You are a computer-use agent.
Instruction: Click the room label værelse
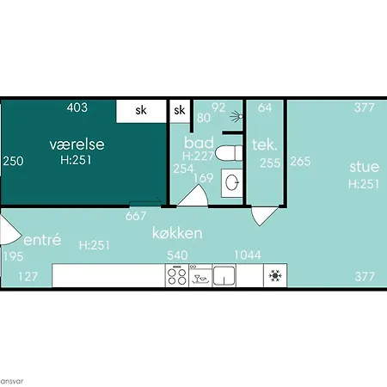(x=77, y=144)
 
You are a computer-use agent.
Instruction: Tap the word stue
(x=364, y=167)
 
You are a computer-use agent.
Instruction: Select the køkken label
(x=177, y=233)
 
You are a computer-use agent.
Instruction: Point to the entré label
(x=42, y=240)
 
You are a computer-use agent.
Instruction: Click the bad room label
(x=199, y=143)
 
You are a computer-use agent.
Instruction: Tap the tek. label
(x=265, y=144)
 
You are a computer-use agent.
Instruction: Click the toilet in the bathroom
(x=229, y=153)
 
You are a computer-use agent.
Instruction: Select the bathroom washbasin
(x=232, y=183)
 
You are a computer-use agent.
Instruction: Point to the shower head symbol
(x=236, y=116)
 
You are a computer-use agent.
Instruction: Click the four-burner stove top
(x=177, y=275)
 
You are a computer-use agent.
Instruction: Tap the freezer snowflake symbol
(x=275, y=275)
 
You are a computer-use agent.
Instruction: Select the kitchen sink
(x=224, y=275)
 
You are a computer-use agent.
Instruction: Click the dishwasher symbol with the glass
(x=200, y=275)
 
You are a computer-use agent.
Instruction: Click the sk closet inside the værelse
(x=141, y=111)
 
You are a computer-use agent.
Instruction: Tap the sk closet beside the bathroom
(x=180, y=111)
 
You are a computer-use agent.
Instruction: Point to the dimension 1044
(x=248, y=255)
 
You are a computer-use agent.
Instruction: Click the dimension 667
(x=136, y=216)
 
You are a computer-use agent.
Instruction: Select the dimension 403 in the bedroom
(x=77, y=107)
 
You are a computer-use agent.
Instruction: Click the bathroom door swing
(x=193, y=195)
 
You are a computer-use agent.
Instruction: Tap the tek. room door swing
(x=264, y=216)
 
